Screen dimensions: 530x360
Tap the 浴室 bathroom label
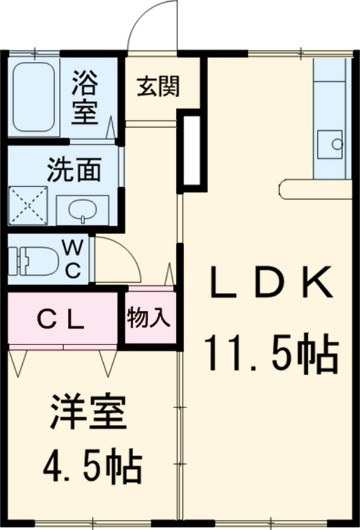click(85, 97)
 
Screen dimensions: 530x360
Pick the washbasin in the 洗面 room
click(81, 209)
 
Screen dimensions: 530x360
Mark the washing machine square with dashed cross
click(28, 206)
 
